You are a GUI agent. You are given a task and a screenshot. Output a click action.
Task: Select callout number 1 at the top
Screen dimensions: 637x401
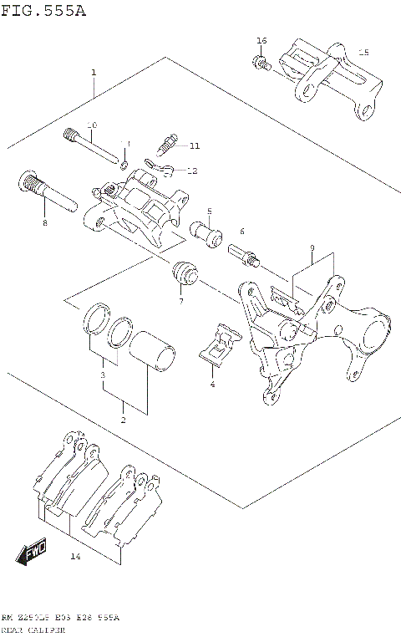[94, 73]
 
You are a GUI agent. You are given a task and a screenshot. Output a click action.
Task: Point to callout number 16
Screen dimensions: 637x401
[261, 41]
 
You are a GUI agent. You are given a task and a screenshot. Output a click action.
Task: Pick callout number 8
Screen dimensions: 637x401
[45, 223]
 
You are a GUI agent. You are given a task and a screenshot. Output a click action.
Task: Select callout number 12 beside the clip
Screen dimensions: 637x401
[191, 171]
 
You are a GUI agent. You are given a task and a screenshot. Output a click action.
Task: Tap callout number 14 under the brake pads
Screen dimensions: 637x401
[75, 557]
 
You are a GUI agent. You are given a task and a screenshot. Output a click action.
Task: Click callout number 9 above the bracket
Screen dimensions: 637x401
[311, 248]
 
